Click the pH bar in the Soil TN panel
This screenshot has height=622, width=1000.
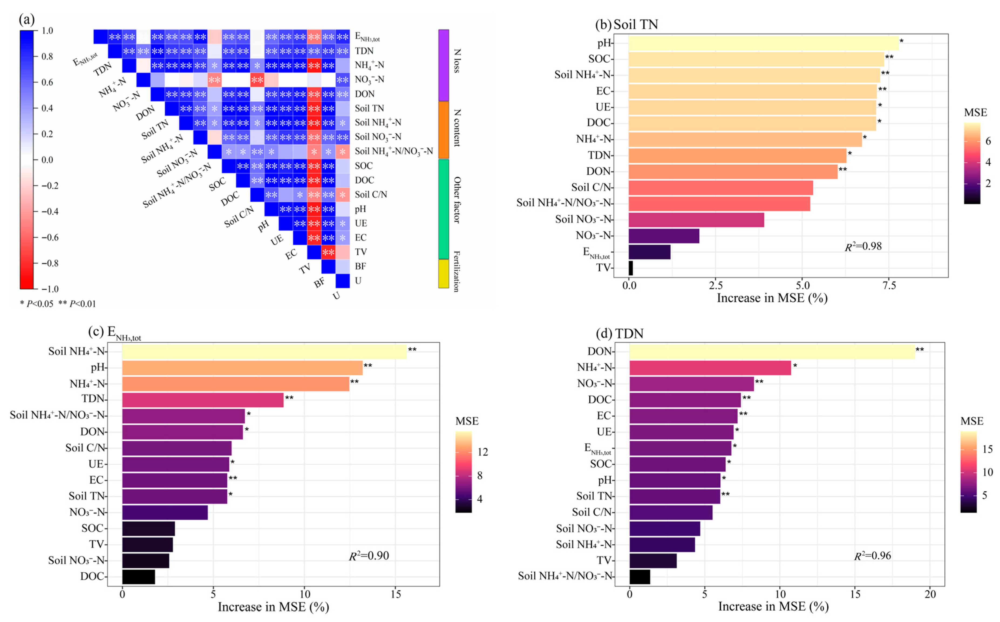pos(763,43)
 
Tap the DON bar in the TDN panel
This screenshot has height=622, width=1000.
pos(772,351)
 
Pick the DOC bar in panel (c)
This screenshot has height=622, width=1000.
pos(139,576)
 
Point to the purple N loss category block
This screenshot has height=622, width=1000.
pos(444,65)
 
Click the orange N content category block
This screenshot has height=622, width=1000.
pos(444,130)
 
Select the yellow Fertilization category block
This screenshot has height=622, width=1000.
pos(444,273)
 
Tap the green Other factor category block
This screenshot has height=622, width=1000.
pos(444,209)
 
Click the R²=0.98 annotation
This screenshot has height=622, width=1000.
pos(863,246)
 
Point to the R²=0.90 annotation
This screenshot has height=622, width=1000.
pos(369,556)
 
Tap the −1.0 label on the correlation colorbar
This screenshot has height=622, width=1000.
pos(50,288)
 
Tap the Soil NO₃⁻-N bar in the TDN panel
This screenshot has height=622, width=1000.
pos(665,528)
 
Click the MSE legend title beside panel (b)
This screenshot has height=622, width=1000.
pos(975,113)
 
